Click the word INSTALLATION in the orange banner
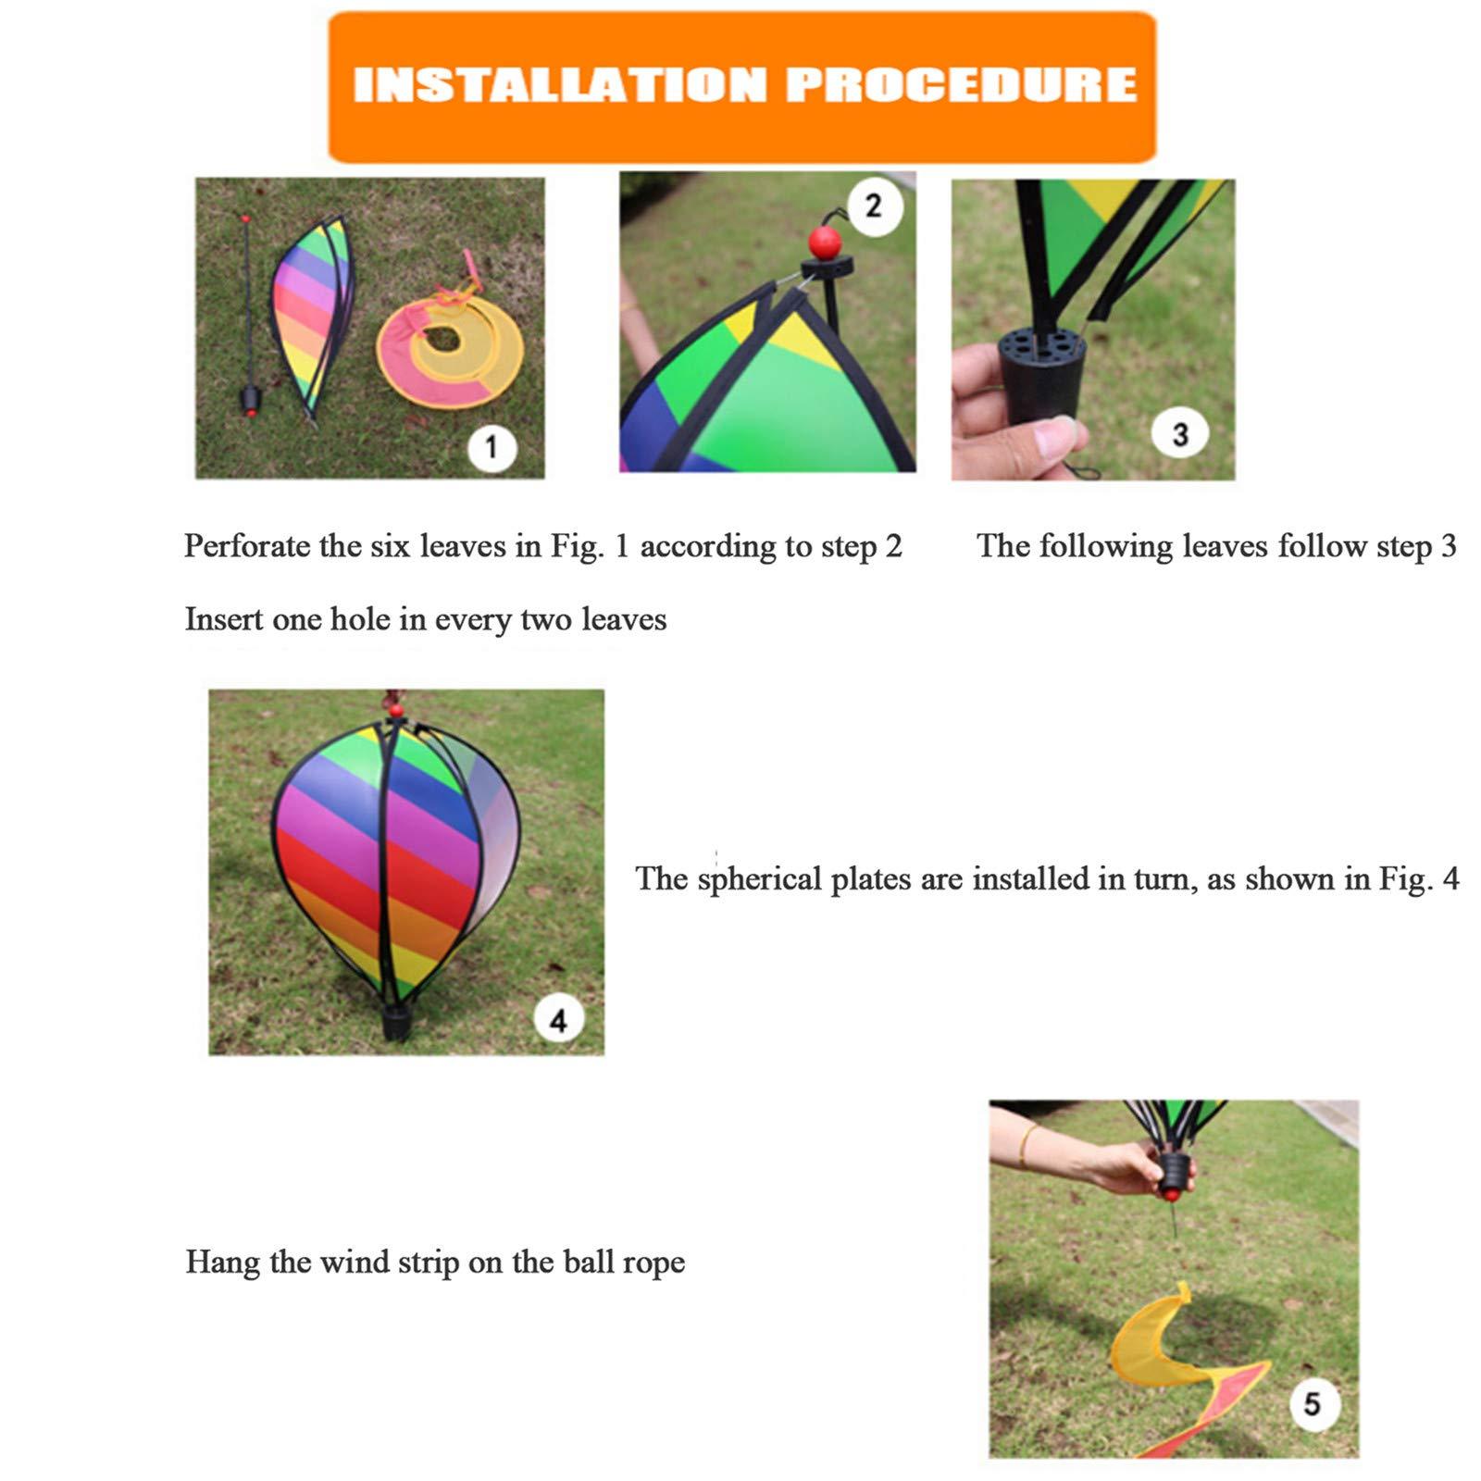click(x=560, y=85)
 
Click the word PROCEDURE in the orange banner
click(x=961, y=85)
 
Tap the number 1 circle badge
click(x=491, y=447)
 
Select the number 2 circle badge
click(x=873, y=205)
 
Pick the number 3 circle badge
click(x=1179, y=433)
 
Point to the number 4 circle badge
click(x=558, y=1020)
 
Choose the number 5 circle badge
click(x=1312, y=1404)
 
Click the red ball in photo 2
click(x=824, y=243)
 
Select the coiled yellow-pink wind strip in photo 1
click(x=451, y=342)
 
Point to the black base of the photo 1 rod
click(x=251, y=400)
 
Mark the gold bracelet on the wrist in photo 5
click(x=1025, y=1146)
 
